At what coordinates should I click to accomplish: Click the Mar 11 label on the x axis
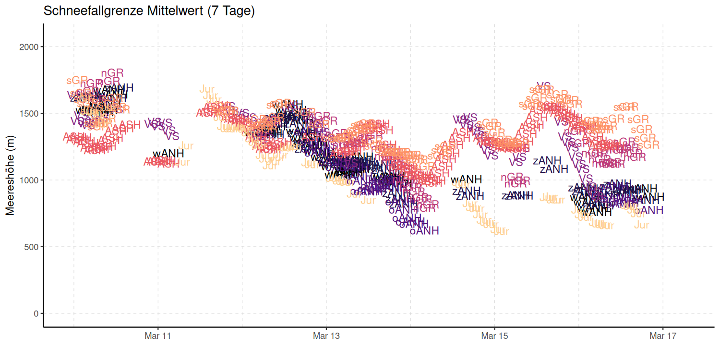[158, 336]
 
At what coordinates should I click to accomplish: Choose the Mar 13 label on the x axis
[326, 336]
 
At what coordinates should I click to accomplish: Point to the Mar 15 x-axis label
[494, 336]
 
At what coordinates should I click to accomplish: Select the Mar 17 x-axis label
[663, 336]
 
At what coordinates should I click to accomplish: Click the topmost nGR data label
[112, 73]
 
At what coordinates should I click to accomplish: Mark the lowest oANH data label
[424, 231]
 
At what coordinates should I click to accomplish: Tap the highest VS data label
[543, 86]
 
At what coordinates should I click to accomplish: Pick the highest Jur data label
[207, 89]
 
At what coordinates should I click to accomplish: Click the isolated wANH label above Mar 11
[168, 154]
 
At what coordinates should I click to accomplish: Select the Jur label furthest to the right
[641, 225]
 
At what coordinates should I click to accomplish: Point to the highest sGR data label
[77, 80]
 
